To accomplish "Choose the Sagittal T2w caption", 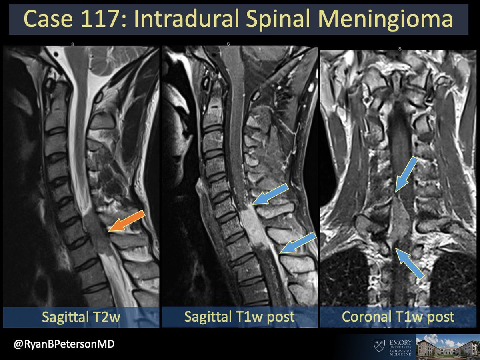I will tap(82, 317).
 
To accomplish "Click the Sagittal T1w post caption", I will tap(239, 317).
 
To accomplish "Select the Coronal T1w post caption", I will tap(398, 317).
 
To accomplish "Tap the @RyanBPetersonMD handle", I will tap(64, 344).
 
